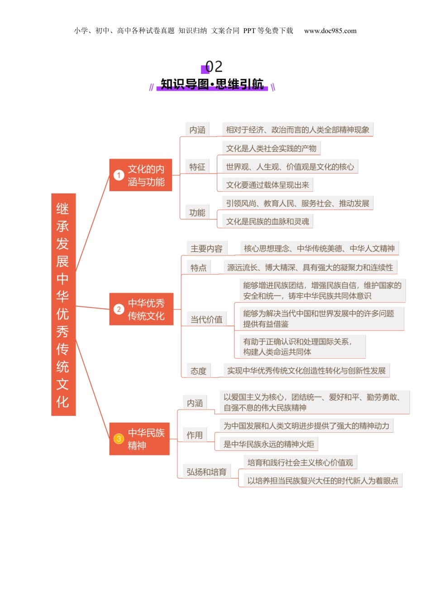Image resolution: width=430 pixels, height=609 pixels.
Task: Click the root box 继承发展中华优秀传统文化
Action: click(63, 304)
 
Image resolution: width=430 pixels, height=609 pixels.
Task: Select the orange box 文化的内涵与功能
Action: click(141, 175)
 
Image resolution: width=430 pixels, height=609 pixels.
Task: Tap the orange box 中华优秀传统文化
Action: click(141, 309)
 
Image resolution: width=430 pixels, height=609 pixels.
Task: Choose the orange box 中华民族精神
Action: click(139, 439)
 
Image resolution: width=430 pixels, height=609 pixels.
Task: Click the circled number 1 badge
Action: click(119, 175)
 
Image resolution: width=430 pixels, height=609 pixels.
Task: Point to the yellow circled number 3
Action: click(119, 439)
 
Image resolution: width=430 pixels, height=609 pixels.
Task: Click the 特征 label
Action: click(197, 167)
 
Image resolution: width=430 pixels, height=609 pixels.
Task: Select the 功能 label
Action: click(197, 213)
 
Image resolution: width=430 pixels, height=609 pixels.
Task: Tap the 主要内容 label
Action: click(206, 249)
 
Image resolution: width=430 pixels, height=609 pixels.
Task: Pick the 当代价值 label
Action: click(206, 319)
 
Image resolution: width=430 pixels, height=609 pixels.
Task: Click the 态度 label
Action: click(198, 371)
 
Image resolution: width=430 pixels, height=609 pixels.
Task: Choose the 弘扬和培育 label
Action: click(206, 472)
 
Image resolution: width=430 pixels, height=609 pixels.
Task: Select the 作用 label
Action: click(195, 435)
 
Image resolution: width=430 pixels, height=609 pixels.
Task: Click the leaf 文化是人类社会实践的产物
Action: click(271, 149)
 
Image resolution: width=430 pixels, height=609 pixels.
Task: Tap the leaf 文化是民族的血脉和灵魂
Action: click(268, 222)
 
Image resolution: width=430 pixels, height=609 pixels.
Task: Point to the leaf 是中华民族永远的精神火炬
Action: click(268, 444)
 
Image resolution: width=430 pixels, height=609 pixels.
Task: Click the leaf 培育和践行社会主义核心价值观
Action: click(300, 463)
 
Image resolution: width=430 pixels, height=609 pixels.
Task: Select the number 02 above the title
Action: click(214, 67)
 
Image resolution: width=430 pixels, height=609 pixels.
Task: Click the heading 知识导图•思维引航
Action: click(212, 84)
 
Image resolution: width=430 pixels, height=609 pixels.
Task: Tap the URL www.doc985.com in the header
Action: click(330, 31)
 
